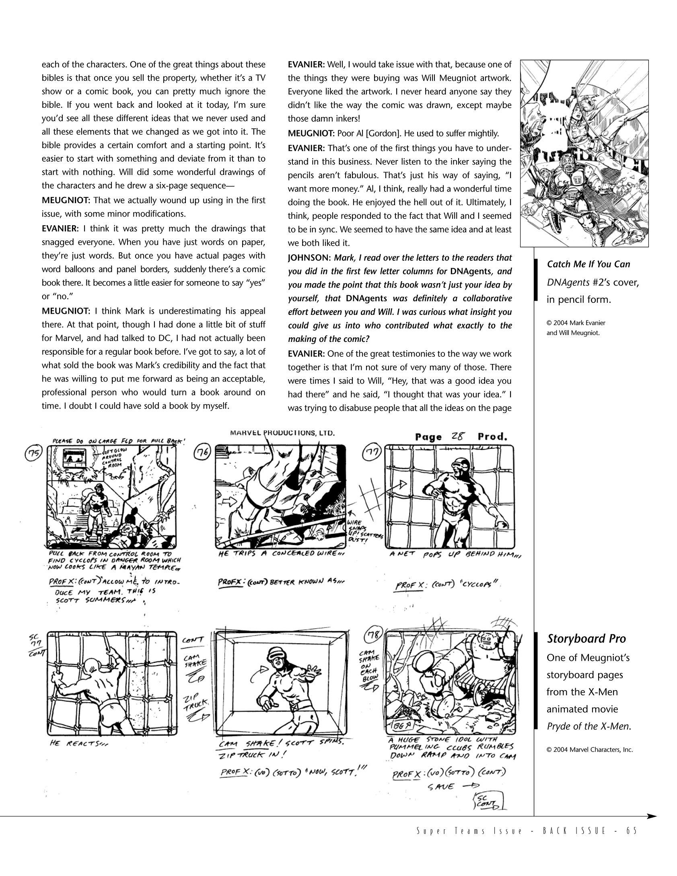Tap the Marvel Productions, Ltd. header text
coord(282,433)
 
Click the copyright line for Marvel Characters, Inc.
coord(589,749)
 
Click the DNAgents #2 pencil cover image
coord(584,153)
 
